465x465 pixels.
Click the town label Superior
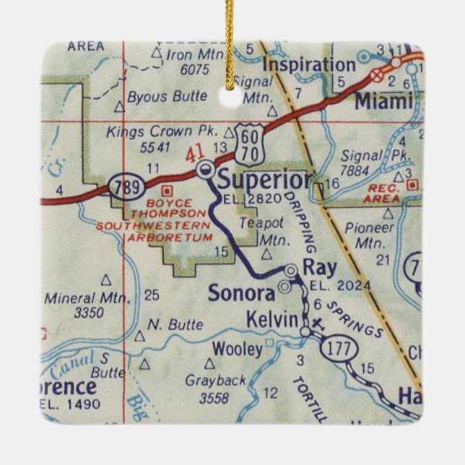tap(264, 178)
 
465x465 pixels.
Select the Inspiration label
tap(308, 65)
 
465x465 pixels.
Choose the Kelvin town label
tap(272, 318)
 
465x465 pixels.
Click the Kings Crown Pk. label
tap(162, 132)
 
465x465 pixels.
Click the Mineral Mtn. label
tap(87, 297)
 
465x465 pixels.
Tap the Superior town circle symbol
tap(206, 170)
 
